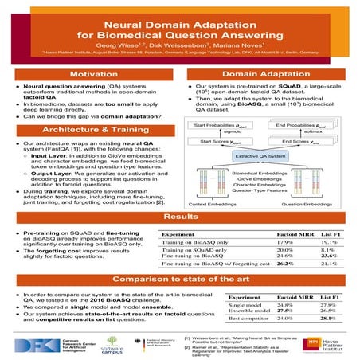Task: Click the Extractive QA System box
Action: tap(267, 158)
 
